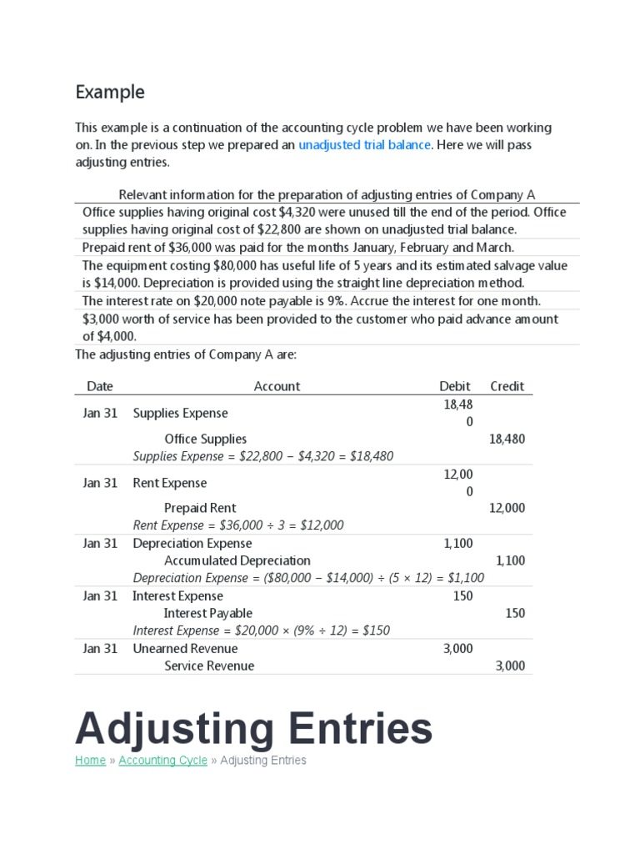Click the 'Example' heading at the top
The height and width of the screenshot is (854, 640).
[x=110, y=92]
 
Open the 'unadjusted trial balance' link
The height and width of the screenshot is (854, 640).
[x=364, y=145]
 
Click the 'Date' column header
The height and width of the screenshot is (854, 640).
[x=100, y=386]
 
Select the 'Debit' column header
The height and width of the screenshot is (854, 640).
[x=455, y=386]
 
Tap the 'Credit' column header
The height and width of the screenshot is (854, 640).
[x=507, y=386]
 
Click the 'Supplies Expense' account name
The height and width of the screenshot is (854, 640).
[x=180, y=413]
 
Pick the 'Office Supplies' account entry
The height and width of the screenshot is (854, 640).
[x=205, y=439]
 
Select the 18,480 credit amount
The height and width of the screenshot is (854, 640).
[x=507, y=439]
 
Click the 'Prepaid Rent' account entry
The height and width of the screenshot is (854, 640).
[x=200, y=508]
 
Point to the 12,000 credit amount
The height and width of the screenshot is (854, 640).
[x=507, y=508]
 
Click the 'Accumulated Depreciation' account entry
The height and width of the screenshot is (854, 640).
[x=237, y=560]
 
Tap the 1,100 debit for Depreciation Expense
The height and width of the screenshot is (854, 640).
[x=458, y=543]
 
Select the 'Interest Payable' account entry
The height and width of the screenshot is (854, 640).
[x=207, y=613]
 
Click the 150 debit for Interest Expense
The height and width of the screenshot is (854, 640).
[x=463, y=595]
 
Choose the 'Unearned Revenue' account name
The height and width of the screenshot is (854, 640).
[x=185, y=648]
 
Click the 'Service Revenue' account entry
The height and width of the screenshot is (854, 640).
[x=209, y=666]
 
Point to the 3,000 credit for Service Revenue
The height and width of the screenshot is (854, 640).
[x=510, y=666]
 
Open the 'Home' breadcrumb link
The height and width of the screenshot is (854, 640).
[x=90, y=760]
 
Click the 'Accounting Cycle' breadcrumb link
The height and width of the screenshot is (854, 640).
[x=162, y=760]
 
